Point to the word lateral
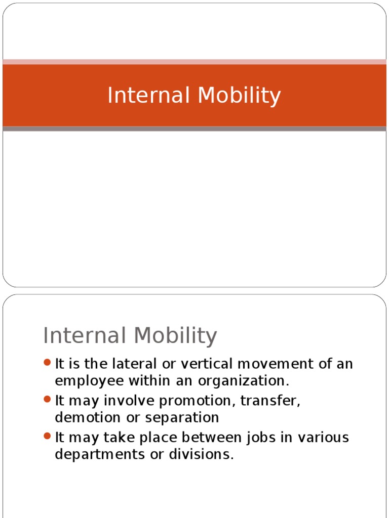(140, 364)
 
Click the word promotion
(197, 401)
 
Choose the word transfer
(270, 401)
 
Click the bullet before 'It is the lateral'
(48, 363)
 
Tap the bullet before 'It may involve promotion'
(48, 400)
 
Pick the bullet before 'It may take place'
(48, 436)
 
